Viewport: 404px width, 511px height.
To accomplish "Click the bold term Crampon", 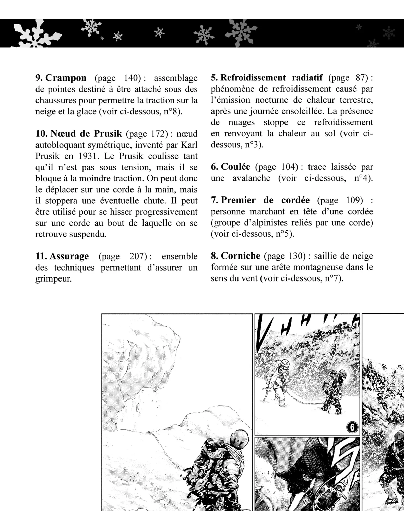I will [66, 78].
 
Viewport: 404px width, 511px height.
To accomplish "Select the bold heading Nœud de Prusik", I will [86, 133].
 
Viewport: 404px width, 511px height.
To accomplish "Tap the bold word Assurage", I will [69, 256].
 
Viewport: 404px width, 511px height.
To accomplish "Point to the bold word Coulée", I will [235, 167].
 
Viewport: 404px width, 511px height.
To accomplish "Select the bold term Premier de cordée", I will [265, 200].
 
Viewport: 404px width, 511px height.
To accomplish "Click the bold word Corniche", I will [240, 256].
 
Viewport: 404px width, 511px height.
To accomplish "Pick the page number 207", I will [138, 256].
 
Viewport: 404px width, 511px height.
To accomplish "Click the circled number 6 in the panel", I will [352, 427].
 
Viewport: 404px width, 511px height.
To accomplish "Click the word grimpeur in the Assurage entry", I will [53, 278].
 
